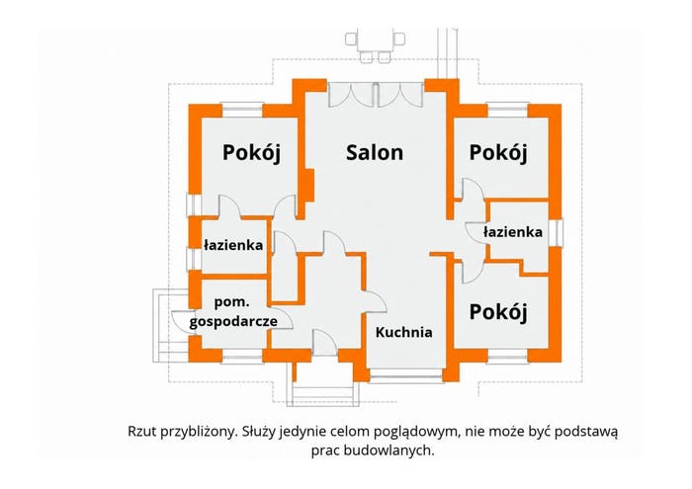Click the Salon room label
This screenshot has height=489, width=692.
(x=375, y=152)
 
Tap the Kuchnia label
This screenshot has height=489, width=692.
(x=403, y=332)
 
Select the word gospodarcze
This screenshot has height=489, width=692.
(x=233, y=321)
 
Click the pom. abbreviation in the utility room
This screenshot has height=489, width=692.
(x=231, y=303)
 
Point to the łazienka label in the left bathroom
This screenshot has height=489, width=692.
(x=233, y=245)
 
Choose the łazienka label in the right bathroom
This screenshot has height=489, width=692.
(x=513, y=232)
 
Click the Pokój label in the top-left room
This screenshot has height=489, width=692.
(x=251, y=153)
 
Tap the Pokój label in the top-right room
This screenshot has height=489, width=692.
(x=498, y=153)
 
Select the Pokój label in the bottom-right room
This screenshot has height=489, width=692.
(x=498, y=312)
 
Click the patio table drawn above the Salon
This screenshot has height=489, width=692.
(x=375, y=45)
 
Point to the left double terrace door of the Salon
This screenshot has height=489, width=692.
(x=351, y=95)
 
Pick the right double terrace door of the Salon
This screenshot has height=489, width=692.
(x=400, y=95)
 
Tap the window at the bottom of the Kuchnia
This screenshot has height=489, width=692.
(x=406, y=376)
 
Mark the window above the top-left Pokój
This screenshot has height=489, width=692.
(x=242, y=110)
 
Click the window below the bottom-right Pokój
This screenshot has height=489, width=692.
(x=508, y=357)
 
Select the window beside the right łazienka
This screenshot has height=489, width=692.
(x=556, y=233)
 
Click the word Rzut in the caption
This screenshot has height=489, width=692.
(x=142, y=431)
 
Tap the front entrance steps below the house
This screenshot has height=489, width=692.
(x=323, y=387)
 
